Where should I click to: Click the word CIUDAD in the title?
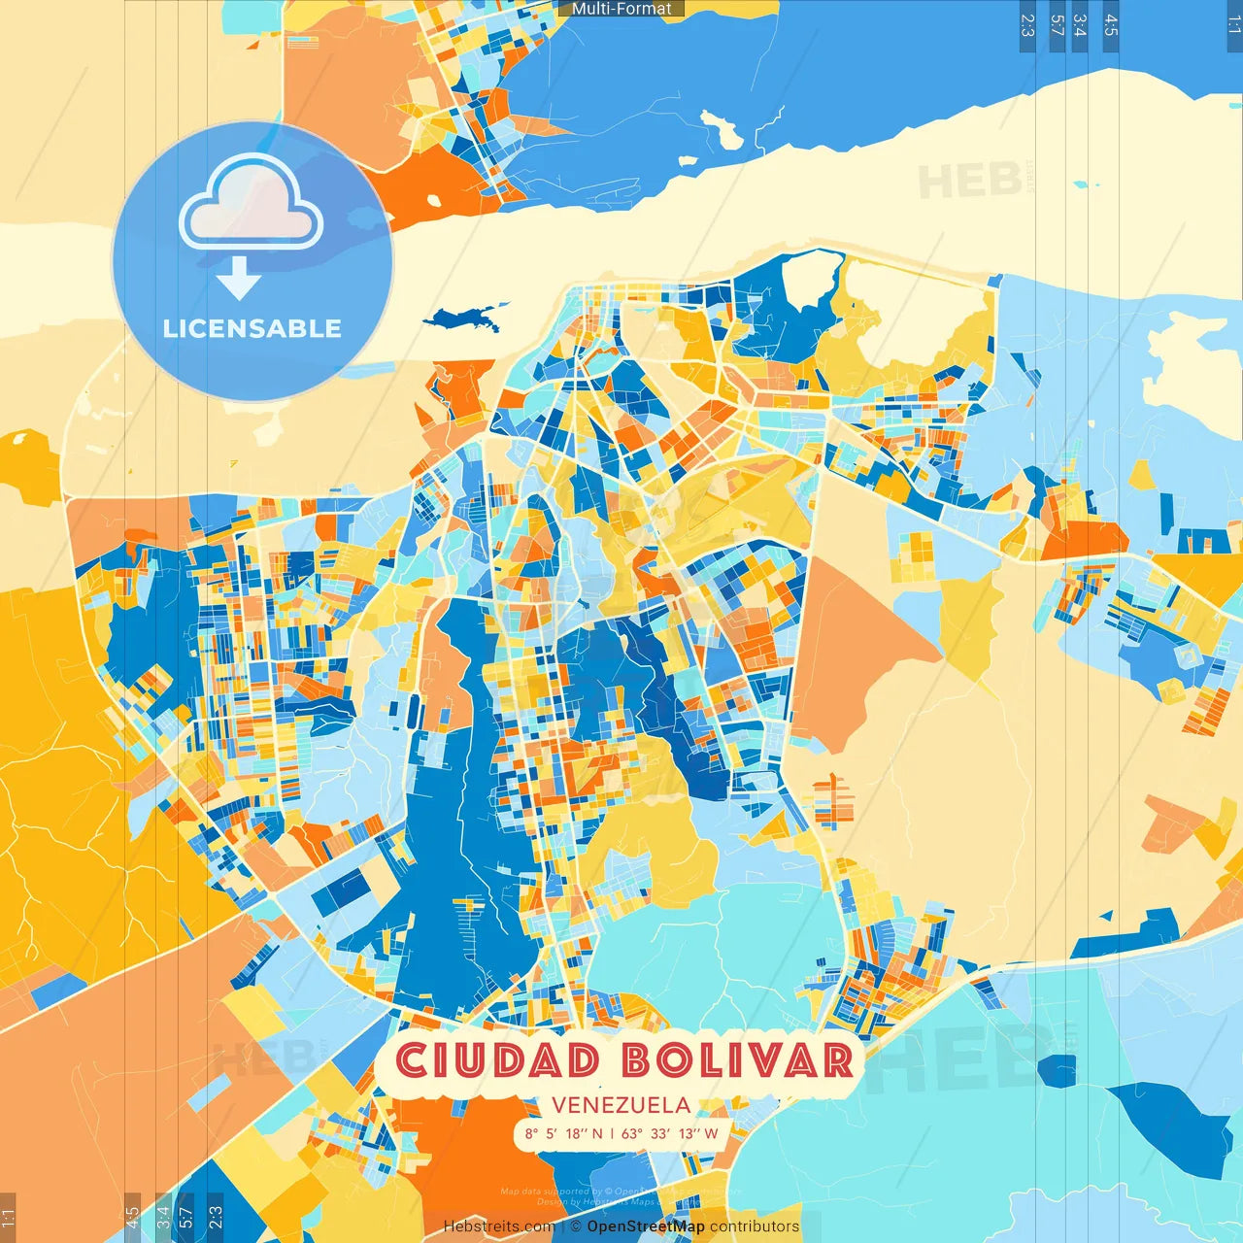497,1059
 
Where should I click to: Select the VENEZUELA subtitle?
621,1105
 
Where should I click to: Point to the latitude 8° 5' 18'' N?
564,1133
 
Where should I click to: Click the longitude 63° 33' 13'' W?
670,1133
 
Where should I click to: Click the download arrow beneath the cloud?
239,278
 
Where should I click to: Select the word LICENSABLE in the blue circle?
252,328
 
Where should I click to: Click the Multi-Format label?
621,9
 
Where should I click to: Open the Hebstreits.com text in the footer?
499,1226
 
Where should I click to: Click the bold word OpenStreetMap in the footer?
646,1226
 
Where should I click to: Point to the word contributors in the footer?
755,1226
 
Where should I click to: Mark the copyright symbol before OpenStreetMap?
576,1226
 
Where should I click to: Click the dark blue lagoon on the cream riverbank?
464,318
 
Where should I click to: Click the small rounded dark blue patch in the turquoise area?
1057,1070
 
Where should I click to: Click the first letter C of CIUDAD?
412,1059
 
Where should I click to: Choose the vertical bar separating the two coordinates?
612,1133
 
